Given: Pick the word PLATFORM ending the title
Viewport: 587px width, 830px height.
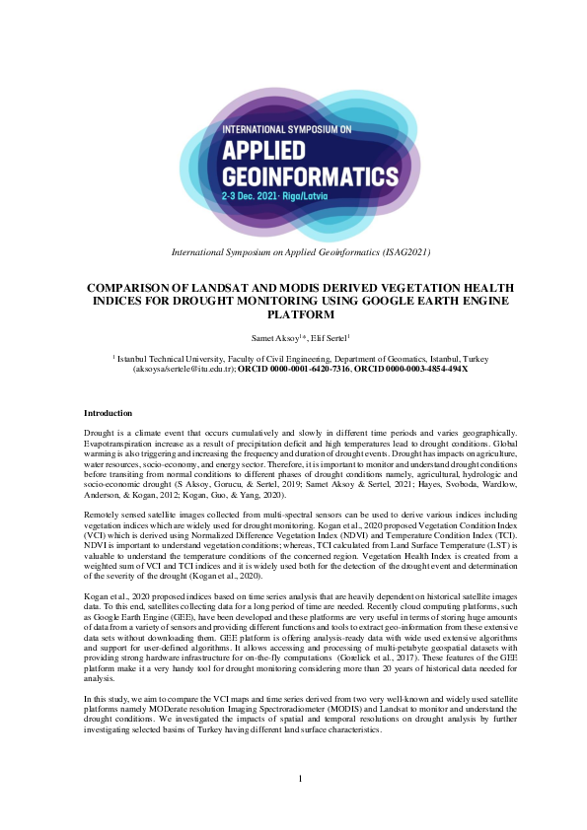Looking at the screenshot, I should click(293, 315).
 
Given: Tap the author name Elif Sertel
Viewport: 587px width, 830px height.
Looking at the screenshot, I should click(328, 337).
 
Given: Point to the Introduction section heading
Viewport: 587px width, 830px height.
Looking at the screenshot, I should click(108, 413).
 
